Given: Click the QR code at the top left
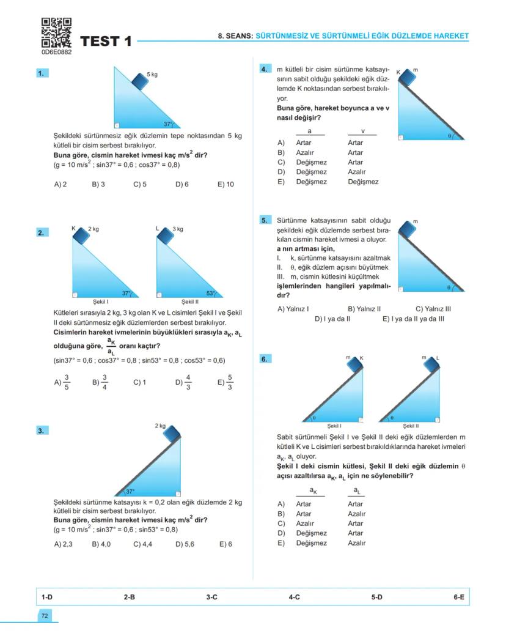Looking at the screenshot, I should pyautogui.click(x=56, y=33).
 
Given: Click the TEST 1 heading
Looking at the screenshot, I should pyautogui.click(x=106, y=42).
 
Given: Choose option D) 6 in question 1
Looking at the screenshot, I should pyautogui.click(x=182, y=184).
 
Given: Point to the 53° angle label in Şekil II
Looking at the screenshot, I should pyautogui.click(x=211, y=294).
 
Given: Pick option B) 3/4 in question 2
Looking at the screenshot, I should pyautogui.click(x=100, y=382).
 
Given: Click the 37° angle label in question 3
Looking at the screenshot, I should pyautogui.click(x=130, y=491).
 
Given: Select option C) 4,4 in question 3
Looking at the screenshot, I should pyautogui.click(x=142, y=544).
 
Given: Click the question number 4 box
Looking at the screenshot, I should pyautogui.click(x=265, y=70).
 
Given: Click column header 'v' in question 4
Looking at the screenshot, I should pyautogui.click(x=362, y=131).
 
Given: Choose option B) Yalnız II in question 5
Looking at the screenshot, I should pyautogui.click(x=364, y=309).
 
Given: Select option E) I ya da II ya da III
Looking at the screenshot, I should pyautogui.click(x=413, y=319).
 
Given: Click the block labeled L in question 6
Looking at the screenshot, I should pyautogui.click(x=431, y=365).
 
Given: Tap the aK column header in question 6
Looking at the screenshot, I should pyautogui.click(x=312, y=491).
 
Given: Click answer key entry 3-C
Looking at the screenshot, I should pyautogui.click(x=211, y=597).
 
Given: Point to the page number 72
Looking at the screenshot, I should pyautogui.click(x=45, y=616).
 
